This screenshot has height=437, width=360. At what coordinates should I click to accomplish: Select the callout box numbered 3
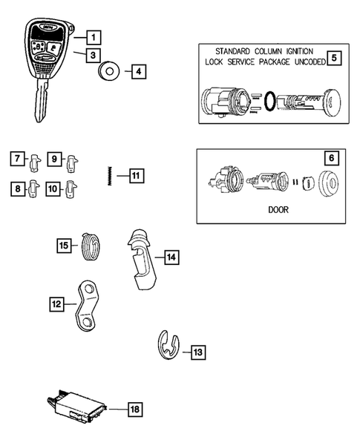(x=92, y=54)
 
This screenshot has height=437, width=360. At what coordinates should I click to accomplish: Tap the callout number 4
(x=138, y=72)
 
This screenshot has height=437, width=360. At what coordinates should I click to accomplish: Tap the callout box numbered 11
(x=135, y=176)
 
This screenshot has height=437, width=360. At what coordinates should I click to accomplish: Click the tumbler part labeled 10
(x=71, y=188)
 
